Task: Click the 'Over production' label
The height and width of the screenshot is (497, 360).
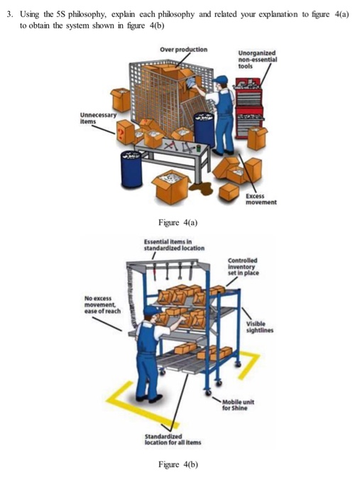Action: tap(183, 50)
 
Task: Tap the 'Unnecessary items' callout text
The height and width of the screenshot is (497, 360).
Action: tap(98, 118)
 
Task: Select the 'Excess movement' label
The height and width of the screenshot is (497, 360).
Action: tap(261, 199)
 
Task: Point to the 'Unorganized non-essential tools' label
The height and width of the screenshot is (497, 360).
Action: tap(257, 59)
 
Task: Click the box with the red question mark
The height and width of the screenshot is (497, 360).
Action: tap(125, 133)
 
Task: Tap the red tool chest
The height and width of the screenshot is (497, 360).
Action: tap(249, 108)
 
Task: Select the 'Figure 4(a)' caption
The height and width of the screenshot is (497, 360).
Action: tap(178, 222)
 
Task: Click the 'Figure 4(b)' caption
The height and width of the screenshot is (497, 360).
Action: tap(178, 464)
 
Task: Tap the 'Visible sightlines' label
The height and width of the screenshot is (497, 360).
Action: tap(260, 327)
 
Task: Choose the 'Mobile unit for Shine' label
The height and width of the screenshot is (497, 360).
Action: tap(238, 405)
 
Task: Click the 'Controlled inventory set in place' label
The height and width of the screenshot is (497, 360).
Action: tap(243, 266)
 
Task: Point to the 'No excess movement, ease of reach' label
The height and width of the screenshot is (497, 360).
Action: tap(102, 305)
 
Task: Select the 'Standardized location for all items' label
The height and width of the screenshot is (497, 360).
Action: tap(173, 439)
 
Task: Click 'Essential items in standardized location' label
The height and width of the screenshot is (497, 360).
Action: tap(174, 245)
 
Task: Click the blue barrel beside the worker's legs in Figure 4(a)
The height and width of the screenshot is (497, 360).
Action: tap(204, 129)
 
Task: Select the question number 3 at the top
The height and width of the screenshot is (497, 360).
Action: tap(11, 14)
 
